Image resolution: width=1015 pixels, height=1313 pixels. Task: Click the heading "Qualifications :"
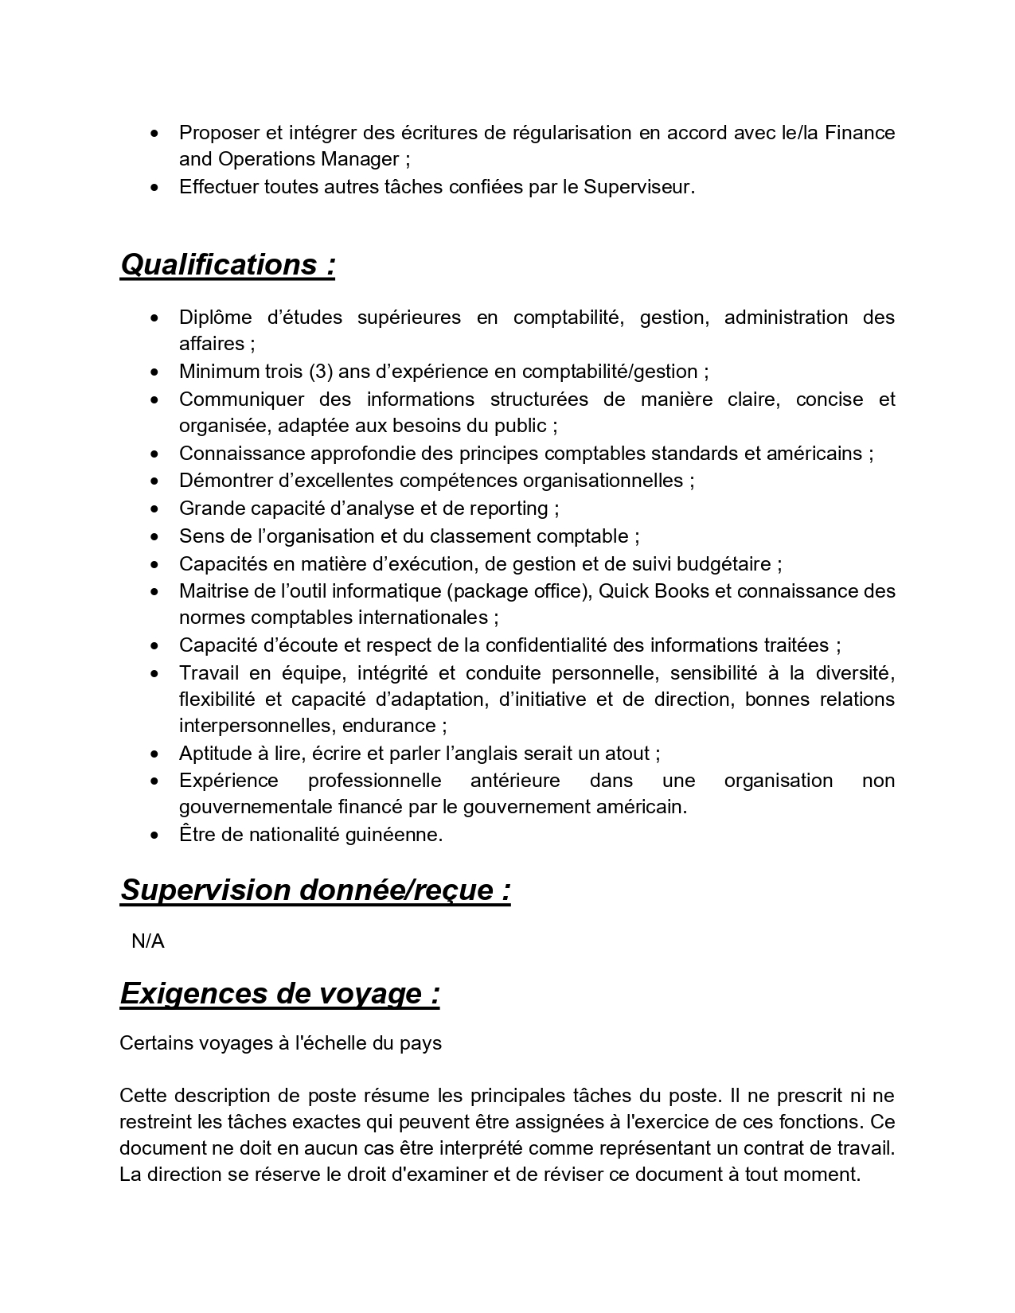click(x=227, y=264)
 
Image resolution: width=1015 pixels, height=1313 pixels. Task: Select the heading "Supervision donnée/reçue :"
click(x=315, y=890)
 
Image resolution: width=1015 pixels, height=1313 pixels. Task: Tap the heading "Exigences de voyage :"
click(x=279, y=993)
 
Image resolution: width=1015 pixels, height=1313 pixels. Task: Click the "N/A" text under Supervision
click(x=147, y=941)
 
